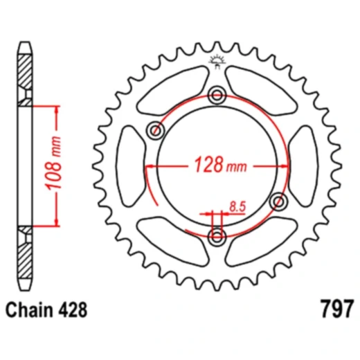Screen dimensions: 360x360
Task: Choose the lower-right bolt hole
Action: tap(280, 201)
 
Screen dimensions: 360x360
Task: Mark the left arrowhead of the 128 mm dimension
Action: tap(148, 167)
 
